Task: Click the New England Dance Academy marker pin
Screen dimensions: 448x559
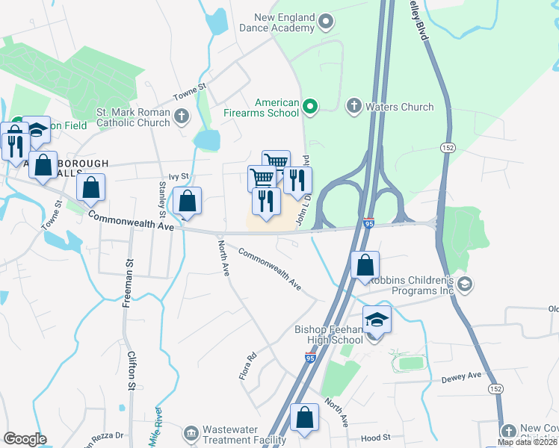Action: tap(326, 22)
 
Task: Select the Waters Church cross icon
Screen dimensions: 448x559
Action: tap(354, 107)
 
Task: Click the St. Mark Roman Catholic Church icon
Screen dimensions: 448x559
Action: tap(181, 116)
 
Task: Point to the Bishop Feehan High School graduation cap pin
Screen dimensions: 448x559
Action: tap(377, 320)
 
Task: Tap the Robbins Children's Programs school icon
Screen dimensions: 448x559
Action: tap(464, 283)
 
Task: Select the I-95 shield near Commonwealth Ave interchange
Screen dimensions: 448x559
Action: tap(368, 223)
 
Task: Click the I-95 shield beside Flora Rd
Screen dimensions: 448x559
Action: tap(309, 358)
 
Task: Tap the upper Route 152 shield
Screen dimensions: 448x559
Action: tap(447, 146)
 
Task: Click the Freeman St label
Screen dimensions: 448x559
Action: tap(129, 283)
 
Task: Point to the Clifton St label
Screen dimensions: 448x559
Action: tap(131, 371)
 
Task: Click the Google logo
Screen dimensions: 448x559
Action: tap(25, 439)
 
